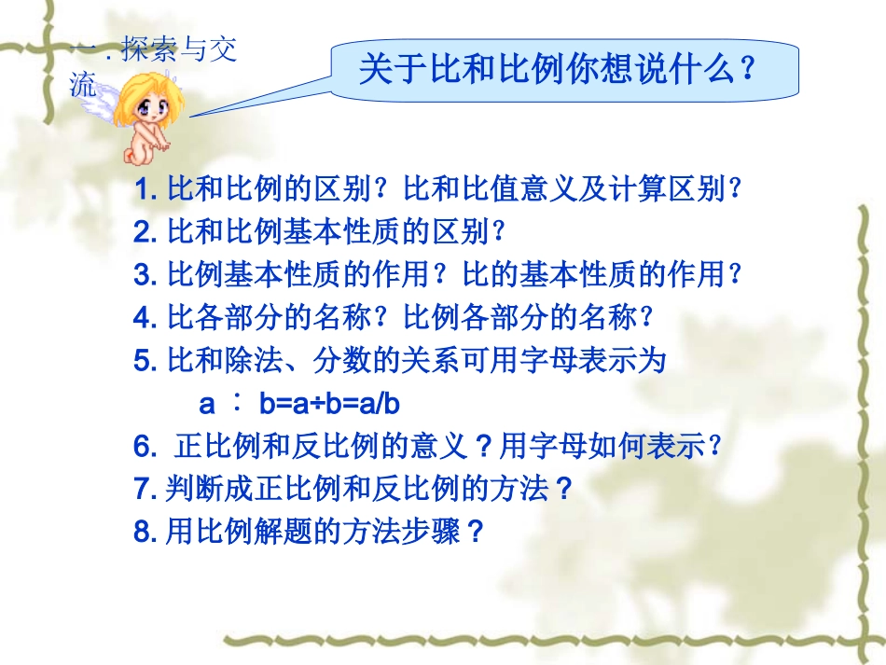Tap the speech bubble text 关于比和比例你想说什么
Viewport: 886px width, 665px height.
coord(556,70)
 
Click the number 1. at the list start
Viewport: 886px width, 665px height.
coord(145,191)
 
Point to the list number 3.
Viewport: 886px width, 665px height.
coord(145,274)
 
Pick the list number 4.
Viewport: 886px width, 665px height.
coord(145,317)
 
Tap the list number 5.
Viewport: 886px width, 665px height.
coord(145,359)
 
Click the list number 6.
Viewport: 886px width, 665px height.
coord(145,448)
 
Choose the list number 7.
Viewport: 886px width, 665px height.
coord(145,489)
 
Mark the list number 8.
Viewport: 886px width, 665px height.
coord(145,532)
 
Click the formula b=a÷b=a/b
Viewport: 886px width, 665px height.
coord(329,405)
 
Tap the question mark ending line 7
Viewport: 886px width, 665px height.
coord(561,489)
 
